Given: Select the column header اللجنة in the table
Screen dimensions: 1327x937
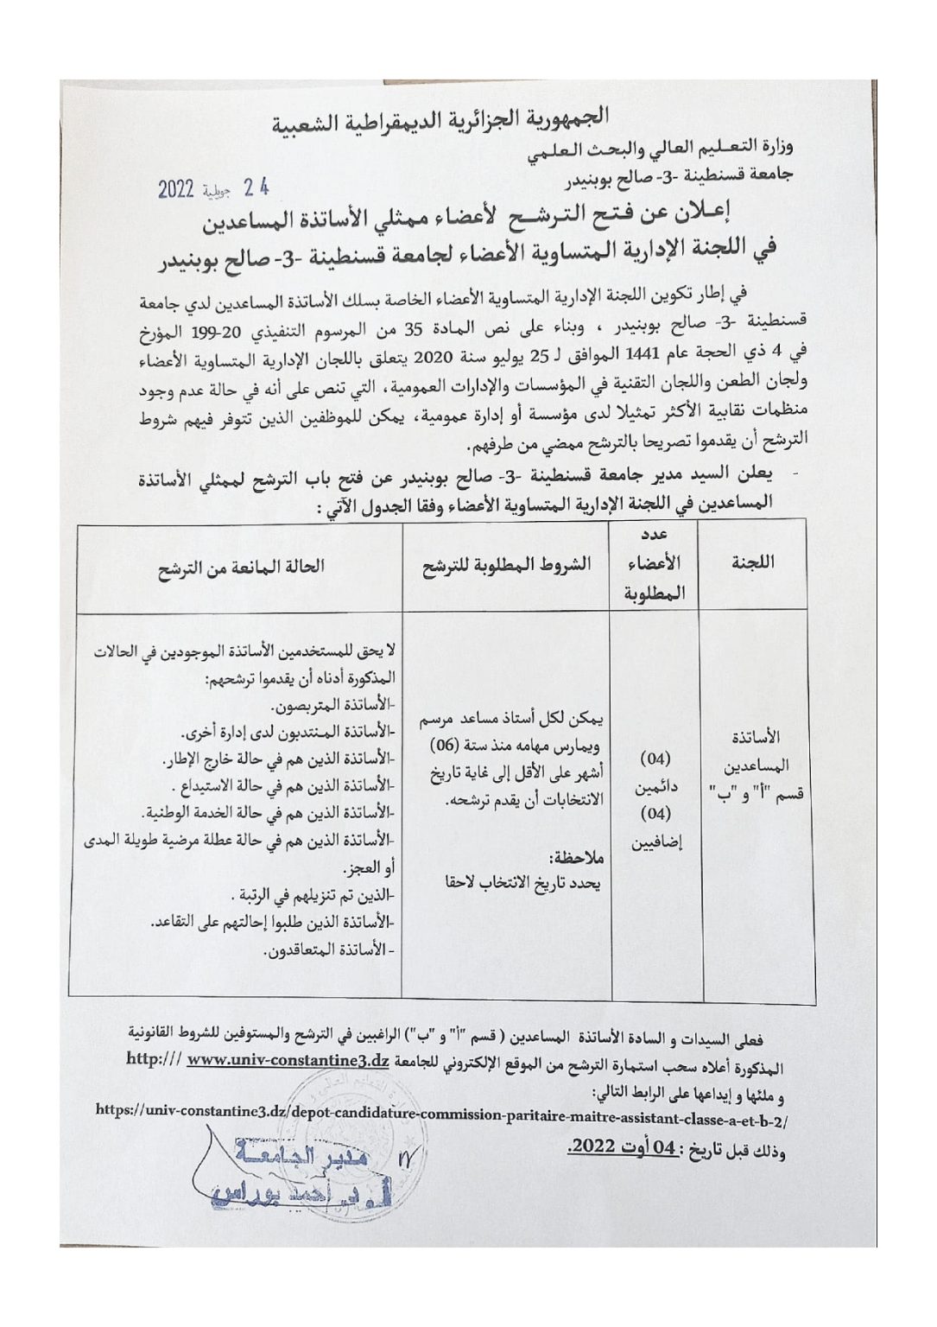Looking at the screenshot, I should click(x=752, y=562).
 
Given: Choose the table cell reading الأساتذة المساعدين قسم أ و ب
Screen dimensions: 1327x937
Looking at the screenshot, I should click(x=757, y=765).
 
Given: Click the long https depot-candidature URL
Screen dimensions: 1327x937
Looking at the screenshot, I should click(x=443, y=1115).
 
